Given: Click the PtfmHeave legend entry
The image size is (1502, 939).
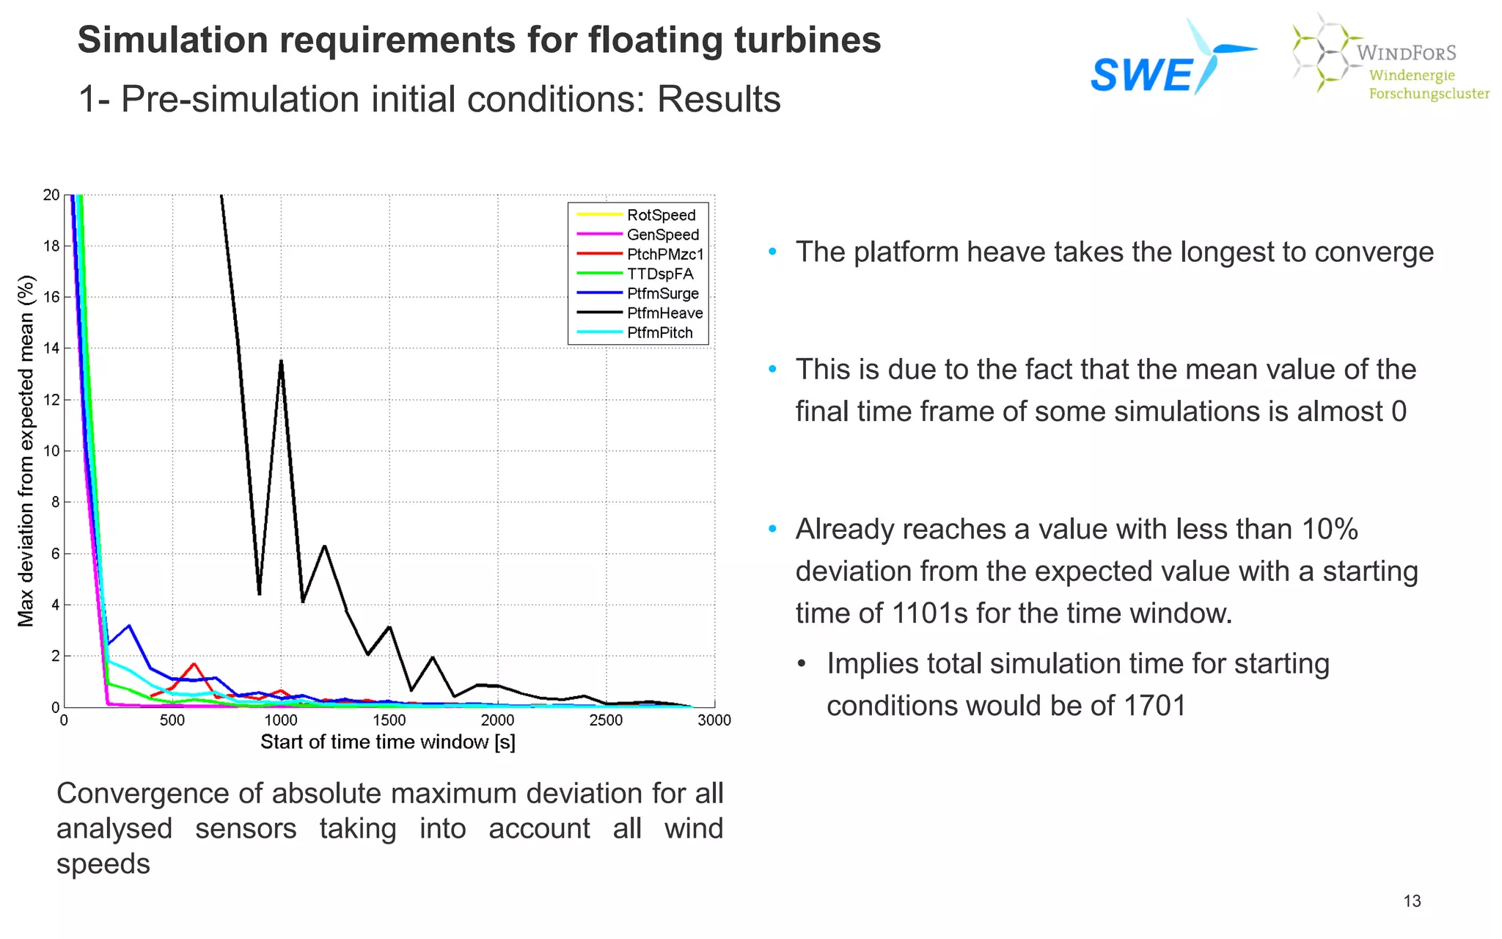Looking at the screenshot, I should pyautogui.click(x=664, y=313).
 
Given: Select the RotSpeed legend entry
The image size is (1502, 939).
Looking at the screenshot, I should pyautogui.click(x=661, y=215).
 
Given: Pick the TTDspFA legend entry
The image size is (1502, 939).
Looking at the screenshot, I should pyautogui.click(x=660, y=274).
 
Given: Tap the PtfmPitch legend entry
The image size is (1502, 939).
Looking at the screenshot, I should pyautogui.click(x=659, y=332).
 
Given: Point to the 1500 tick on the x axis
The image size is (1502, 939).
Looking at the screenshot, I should pyautogui.click(x=389, y=720).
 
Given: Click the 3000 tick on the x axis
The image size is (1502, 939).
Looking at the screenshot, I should pyautogui.click(x=714, y=720).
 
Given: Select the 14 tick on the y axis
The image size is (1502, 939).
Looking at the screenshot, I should pyautogui.click(x=51, y=348).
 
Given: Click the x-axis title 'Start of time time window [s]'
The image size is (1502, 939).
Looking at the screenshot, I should pyautogui.click(x=388, y=742).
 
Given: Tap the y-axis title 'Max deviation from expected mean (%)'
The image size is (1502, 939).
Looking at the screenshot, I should pyautogui.click(x=26, y=450).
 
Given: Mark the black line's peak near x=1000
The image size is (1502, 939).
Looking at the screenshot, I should pyautogui.click(x=281, y=361).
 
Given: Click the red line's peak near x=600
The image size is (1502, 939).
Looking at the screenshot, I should pyautogui.click(x=194, y=664).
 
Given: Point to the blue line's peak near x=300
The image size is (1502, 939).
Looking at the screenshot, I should pyautogui.click(x=129, y=626).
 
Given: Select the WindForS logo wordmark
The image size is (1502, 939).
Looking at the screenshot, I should pyautogui.click(x=1405, y=53).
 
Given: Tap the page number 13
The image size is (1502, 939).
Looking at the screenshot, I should pyautogui.click(x=1412, y=901).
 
